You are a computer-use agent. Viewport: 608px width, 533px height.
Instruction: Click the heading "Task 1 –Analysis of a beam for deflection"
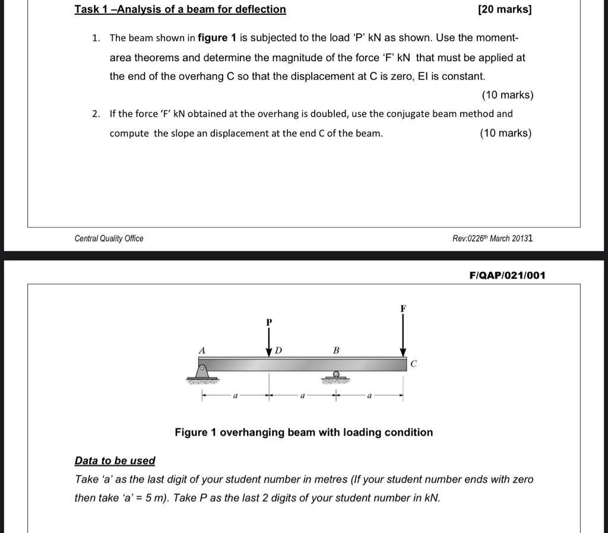coord(180,9)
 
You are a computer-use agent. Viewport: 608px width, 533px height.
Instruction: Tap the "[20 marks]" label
coord(504,9)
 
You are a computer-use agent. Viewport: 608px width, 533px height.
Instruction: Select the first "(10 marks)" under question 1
coord(507,95)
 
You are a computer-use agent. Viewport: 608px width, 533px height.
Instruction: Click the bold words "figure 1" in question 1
coord(217,38)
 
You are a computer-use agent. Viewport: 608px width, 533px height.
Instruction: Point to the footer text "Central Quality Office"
coord(109,239)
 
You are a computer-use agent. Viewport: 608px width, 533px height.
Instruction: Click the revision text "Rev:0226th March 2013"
coord(492,239)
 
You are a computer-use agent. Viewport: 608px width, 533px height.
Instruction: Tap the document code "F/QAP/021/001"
coord(507,275)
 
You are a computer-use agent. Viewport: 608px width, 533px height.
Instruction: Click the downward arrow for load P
coord(269,342)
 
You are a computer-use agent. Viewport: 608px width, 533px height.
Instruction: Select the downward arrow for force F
coord(403,335)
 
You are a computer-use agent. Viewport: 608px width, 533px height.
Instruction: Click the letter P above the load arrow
coord(269,322)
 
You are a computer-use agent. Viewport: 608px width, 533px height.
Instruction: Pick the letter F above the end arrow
coord(403,309)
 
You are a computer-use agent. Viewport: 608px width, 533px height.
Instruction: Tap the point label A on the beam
coord(202,351)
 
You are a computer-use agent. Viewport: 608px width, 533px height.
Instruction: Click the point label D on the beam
coord(278,351)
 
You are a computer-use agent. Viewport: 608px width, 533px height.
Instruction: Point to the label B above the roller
coord(336,351)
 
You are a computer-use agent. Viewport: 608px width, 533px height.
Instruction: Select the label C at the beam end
coord(414,364)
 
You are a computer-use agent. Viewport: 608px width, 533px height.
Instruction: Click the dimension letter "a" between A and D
coord(236,395)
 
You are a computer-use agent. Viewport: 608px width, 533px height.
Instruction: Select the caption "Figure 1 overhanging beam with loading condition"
coord(303,433)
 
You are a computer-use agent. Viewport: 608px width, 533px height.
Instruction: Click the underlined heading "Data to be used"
coord(115,461)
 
